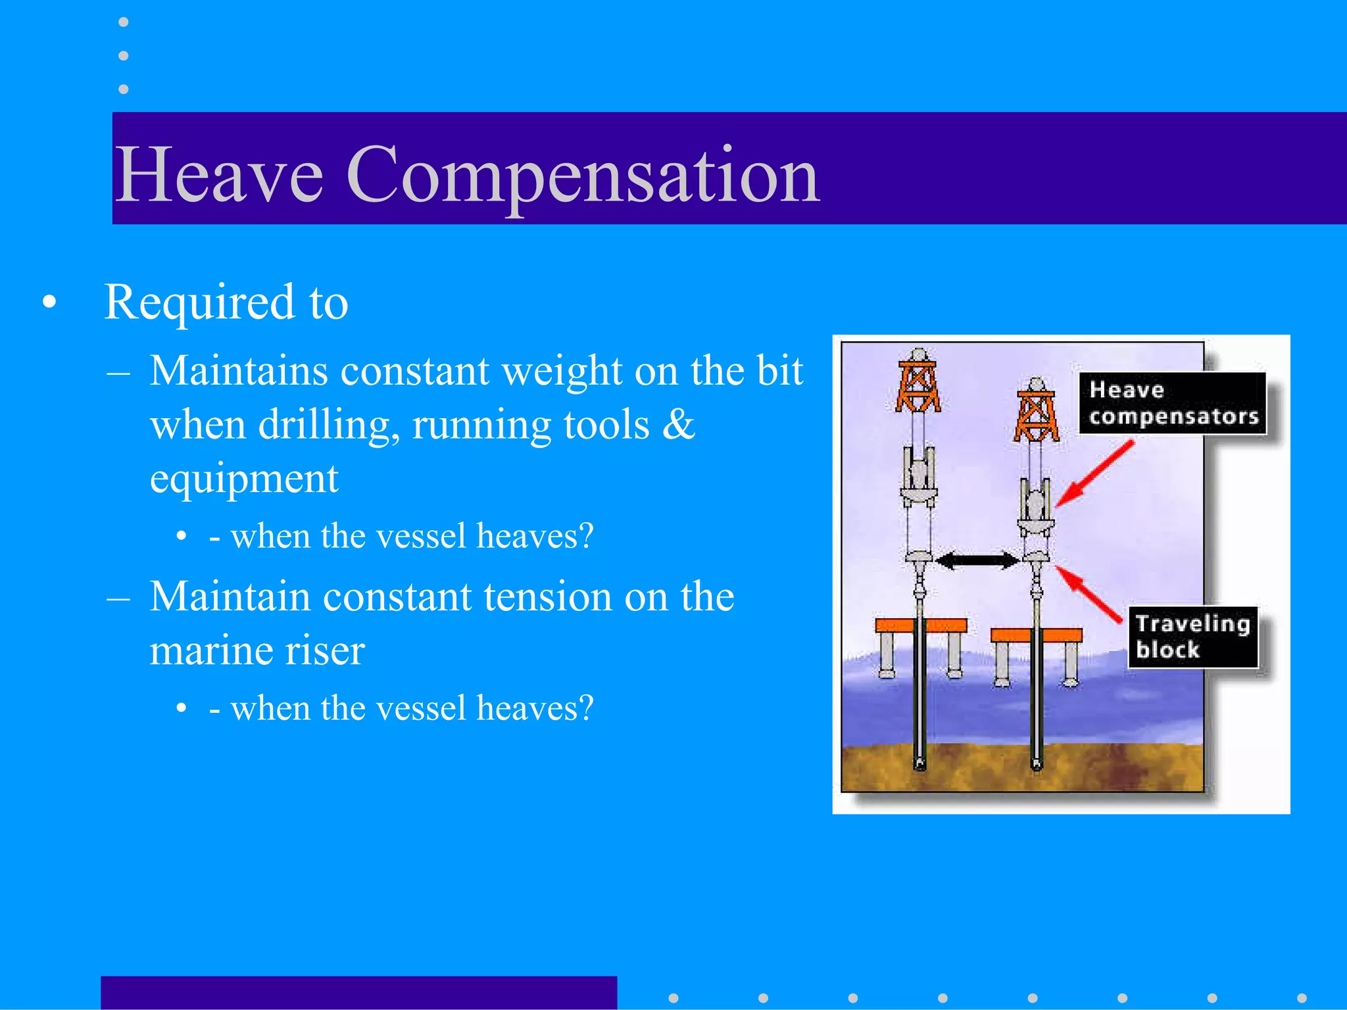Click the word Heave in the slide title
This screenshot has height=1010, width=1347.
point(219,175)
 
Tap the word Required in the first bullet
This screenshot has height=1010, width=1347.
point(199,302)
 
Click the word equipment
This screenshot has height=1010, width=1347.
point(244,479)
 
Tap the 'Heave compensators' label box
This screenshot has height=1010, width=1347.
point(1173,403)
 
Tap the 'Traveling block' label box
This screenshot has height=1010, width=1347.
point(1192,637)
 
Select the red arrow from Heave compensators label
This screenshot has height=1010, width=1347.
point(1095,474)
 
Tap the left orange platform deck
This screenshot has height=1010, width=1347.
point(921,625)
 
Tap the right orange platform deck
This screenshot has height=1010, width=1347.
point(1037,635)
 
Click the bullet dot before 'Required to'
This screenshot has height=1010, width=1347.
point(49,302)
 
